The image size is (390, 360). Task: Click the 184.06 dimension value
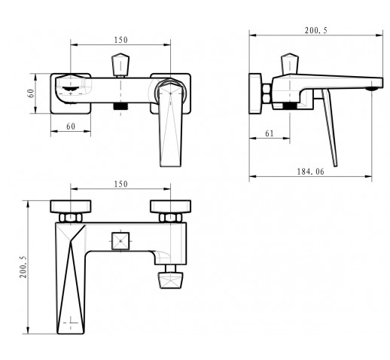pos(310,172)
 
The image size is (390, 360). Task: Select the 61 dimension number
pos(270,133)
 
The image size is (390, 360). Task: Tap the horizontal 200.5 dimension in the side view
pos(316,31)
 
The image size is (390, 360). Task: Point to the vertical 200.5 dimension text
pos(23,267)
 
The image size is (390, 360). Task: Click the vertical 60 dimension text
pos(31,93)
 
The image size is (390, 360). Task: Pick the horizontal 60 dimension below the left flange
pos(71,127)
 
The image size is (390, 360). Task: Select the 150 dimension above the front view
pos(121,40)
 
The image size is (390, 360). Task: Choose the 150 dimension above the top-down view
pos(121,185)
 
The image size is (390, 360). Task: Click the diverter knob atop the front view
pos(120,64)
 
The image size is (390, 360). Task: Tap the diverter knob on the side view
pos(290,64)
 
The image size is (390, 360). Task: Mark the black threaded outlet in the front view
pos(120,106)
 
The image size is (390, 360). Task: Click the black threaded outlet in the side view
pos(290,105)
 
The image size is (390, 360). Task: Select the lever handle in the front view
pos(171,124)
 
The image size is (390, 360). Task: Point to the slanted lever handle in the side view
pos(330,128)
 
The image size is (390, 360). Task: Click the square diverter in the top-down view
pos(120,241)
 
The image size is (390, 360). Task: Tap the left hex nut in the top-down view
pos(71,218)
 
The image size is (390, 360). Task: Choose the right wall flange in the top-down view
pos(170,206)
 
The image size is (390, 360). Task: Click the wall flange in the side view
pos(255,93)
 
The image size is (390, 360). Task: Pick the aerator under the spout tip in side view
pos(372,89)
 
